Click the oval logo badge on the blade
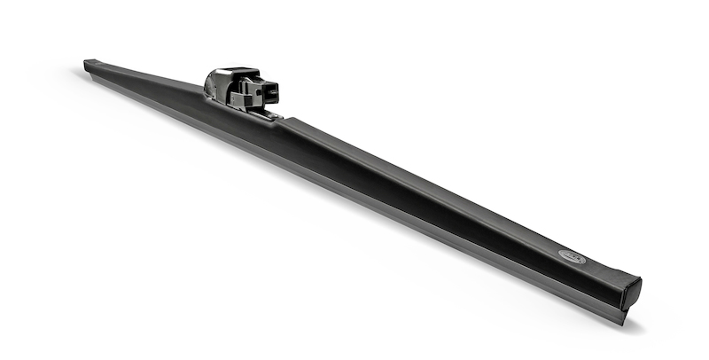click(x=573, y=257)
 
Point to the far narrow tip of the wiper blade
click(x=90, y=64)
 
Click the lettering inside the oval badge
click(x=573, y=257)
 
